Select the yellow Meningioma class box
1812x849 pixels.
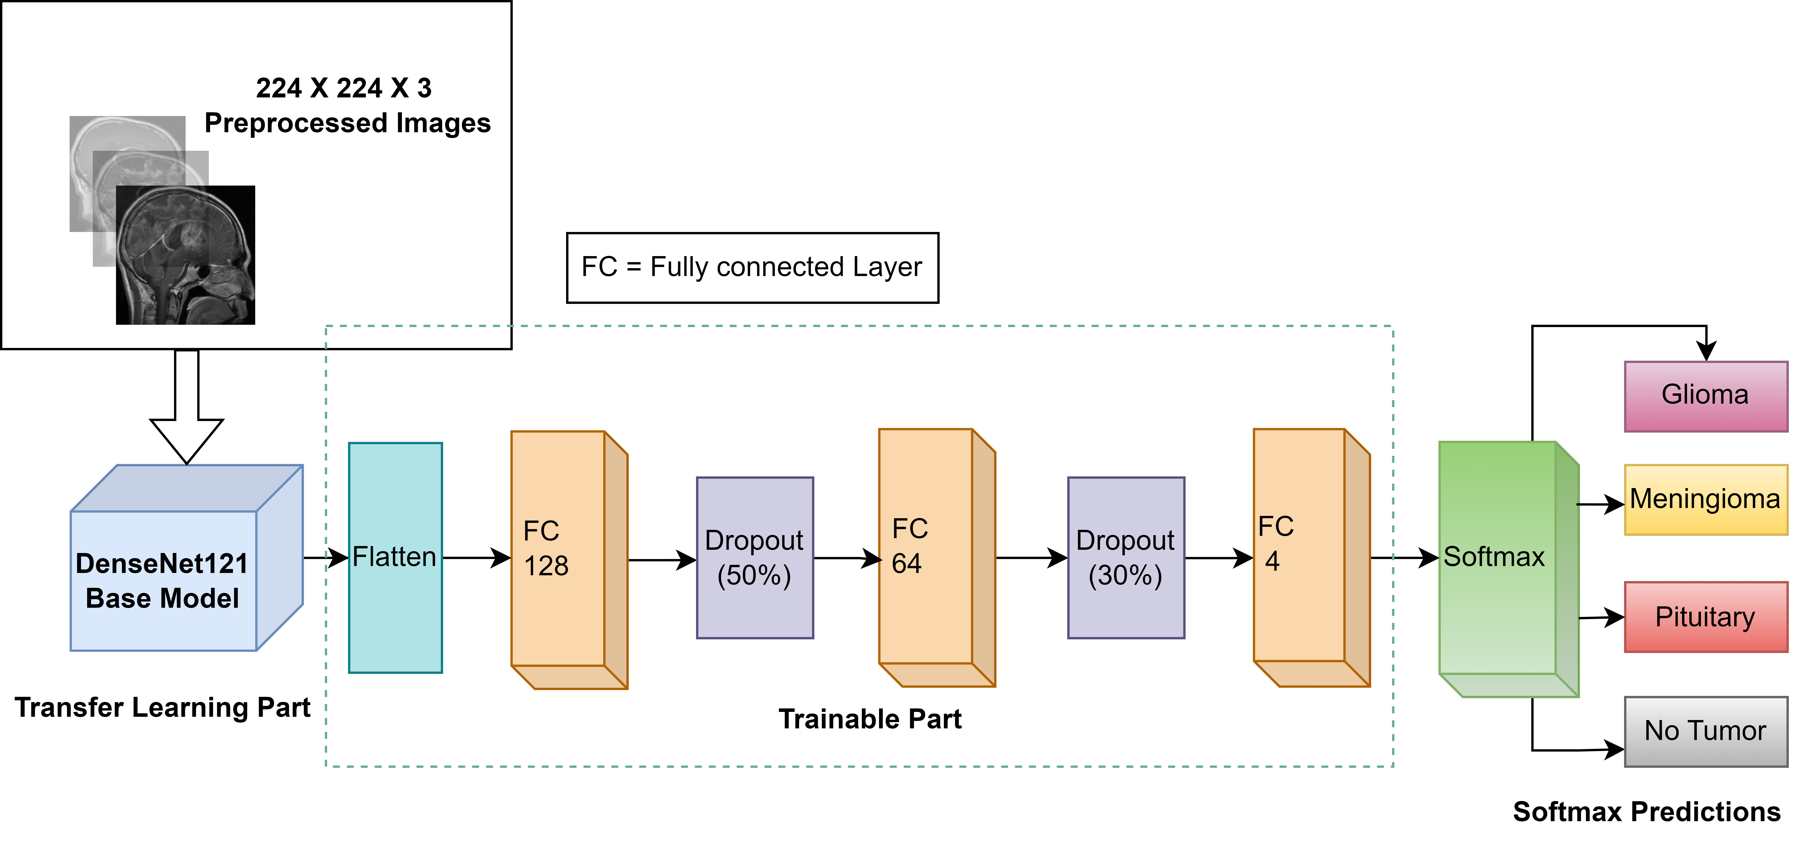1705,499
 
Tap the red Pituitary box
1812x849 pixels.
1705,617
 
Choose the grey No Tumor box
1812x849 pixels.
1705,731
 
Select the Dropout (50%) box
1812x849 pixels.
754,558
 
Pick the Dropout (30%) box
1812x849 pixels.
1125,558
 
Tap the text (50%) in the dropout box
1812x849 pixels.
754,575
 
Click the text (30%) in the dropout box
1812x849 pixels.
1125,575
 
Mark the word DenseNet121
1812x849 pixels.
162,563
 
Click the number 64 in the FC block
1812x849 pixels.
907,563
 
